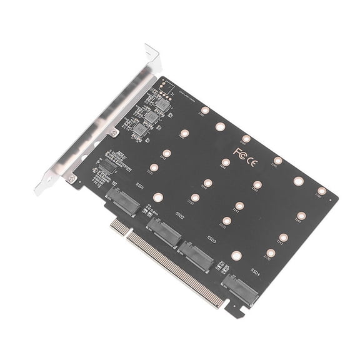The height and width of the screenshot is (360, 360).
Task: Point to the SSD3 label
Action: click(212, 239)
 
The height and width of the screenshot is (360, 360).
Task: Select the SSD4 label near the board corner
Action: click(256, 271)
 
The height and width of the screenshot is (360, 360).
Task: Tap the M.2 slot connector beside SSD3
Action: click(194, 254)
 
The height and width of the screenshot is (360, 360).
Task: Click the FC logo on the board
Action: click(239, 152)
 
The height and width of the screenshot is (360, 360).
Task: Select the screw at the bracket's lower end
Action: click(74, 179)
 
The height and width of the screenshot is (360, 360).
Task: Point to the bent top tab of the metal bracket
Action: click(152, 51)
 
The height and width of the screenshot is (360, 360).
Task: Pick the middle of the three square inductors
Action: click(152, 116)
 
